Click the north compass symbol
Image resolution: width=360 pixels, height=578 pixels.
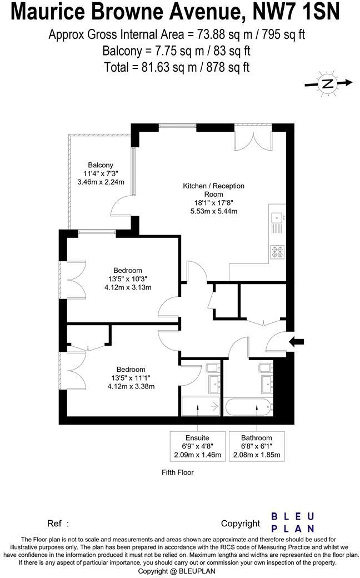click(x=328, y=83)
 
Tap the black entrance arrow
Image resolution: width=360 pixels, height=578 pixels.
click(x=297, y=341)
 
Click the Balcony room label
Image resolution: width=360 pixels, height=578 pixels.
click(x=101, y=165)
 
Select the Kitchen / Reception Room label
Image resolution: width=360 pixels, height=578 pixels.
click(x=214, y=190)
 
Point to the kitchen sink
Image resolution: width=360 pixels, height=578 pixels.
click(x=277, y=221)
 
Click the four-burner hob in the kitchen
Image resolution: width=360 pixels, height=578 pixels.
click(x=277, y=252)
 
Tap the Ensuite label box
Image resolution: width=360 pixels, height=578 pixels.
click(x=197, y=446)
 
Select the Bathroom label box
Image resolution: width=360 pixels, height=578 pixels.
click(x=257, y=446)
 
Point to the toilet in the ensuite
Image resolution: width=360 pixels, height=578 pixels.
click(x=212, y=368)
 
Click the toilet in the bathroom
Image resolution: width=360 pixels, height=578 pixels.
click(x=265, y=367)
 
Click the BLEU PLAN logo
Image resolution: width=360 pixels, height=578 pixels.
click(x=293, y=522)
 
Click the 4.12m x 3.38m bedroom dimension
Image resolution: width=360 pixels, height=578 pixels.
click(x=131, y=387)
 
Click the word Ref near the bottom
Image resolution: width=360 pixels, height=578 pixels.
click(x=54, y=523)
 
